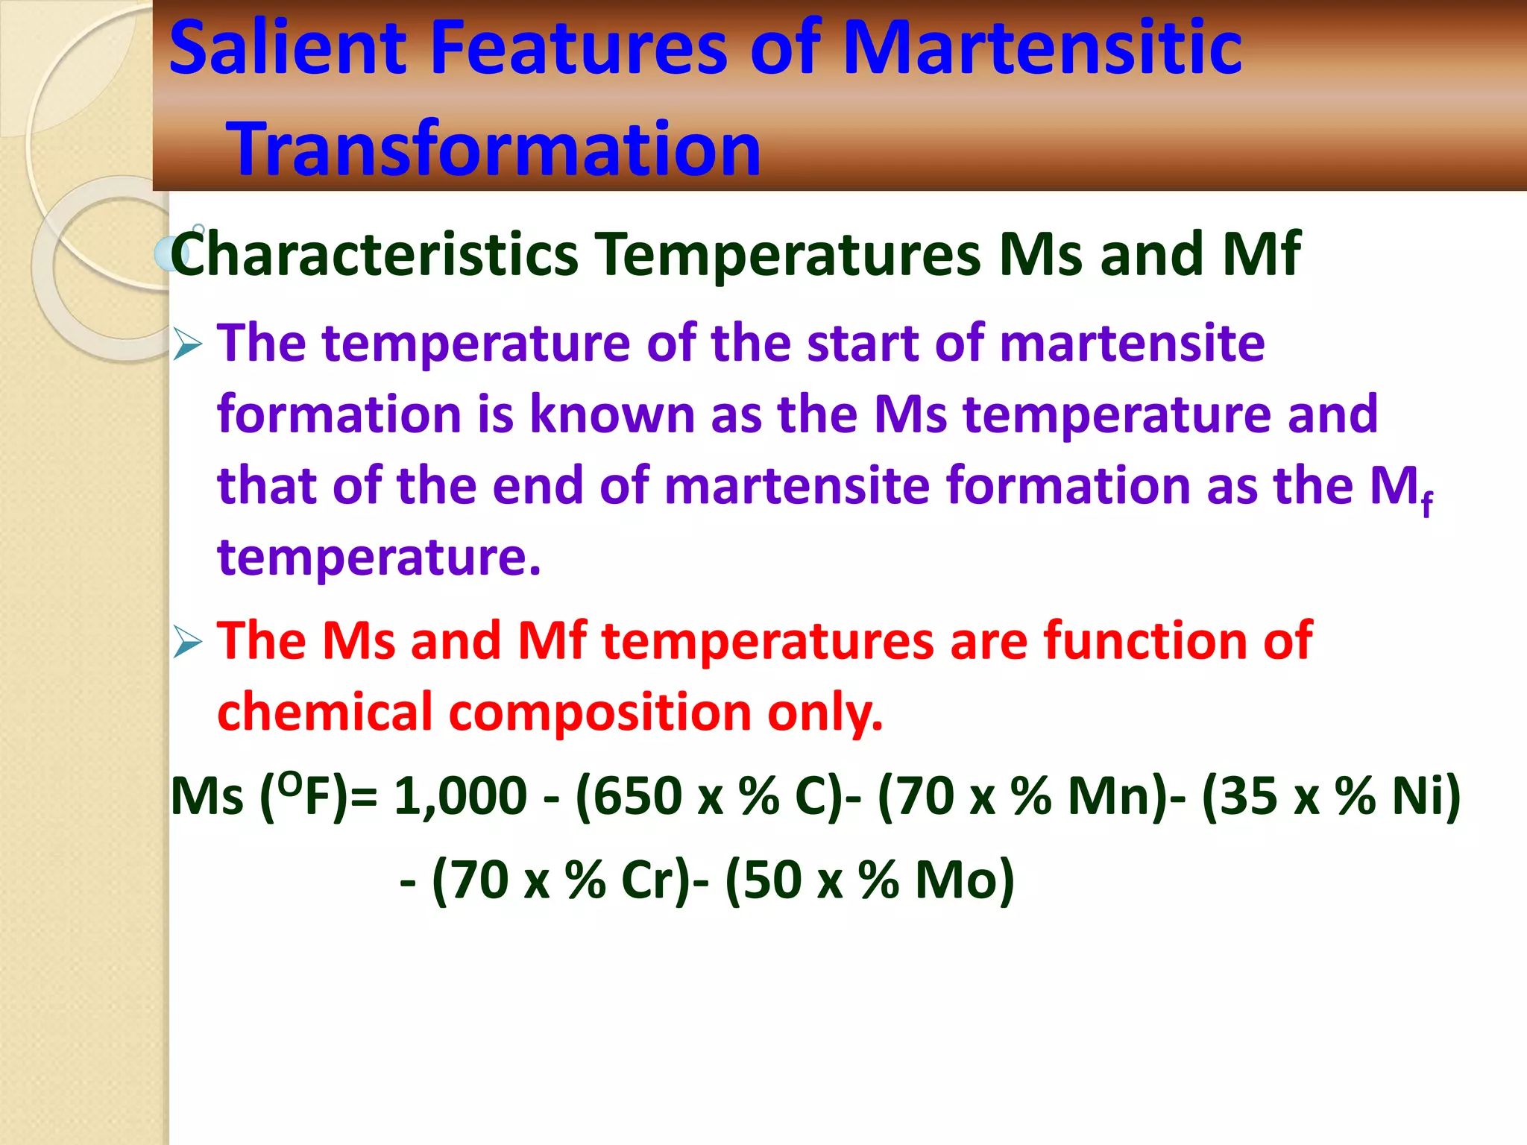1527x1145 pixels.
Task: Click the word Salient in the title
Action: click(x=288, y=48)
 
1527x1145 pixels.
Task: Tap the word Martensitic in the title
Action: click(x=1042, y=48)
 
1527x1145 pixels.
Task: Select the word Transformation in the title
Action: click(x=493, y=149)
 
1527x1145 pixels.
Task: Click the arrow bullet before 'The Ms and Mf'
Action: click(x=187, y=643)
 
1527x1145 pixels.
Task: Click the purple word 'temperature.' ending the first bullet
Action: click(x=379, y=558)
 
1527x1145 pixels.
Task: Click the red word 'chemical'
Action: click(x=325, y=713)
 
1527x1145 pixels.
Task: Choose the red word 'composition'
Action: click(x=600, y=713)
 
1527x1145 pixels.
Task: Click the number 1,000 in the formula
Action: click(x=460, y=796)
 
